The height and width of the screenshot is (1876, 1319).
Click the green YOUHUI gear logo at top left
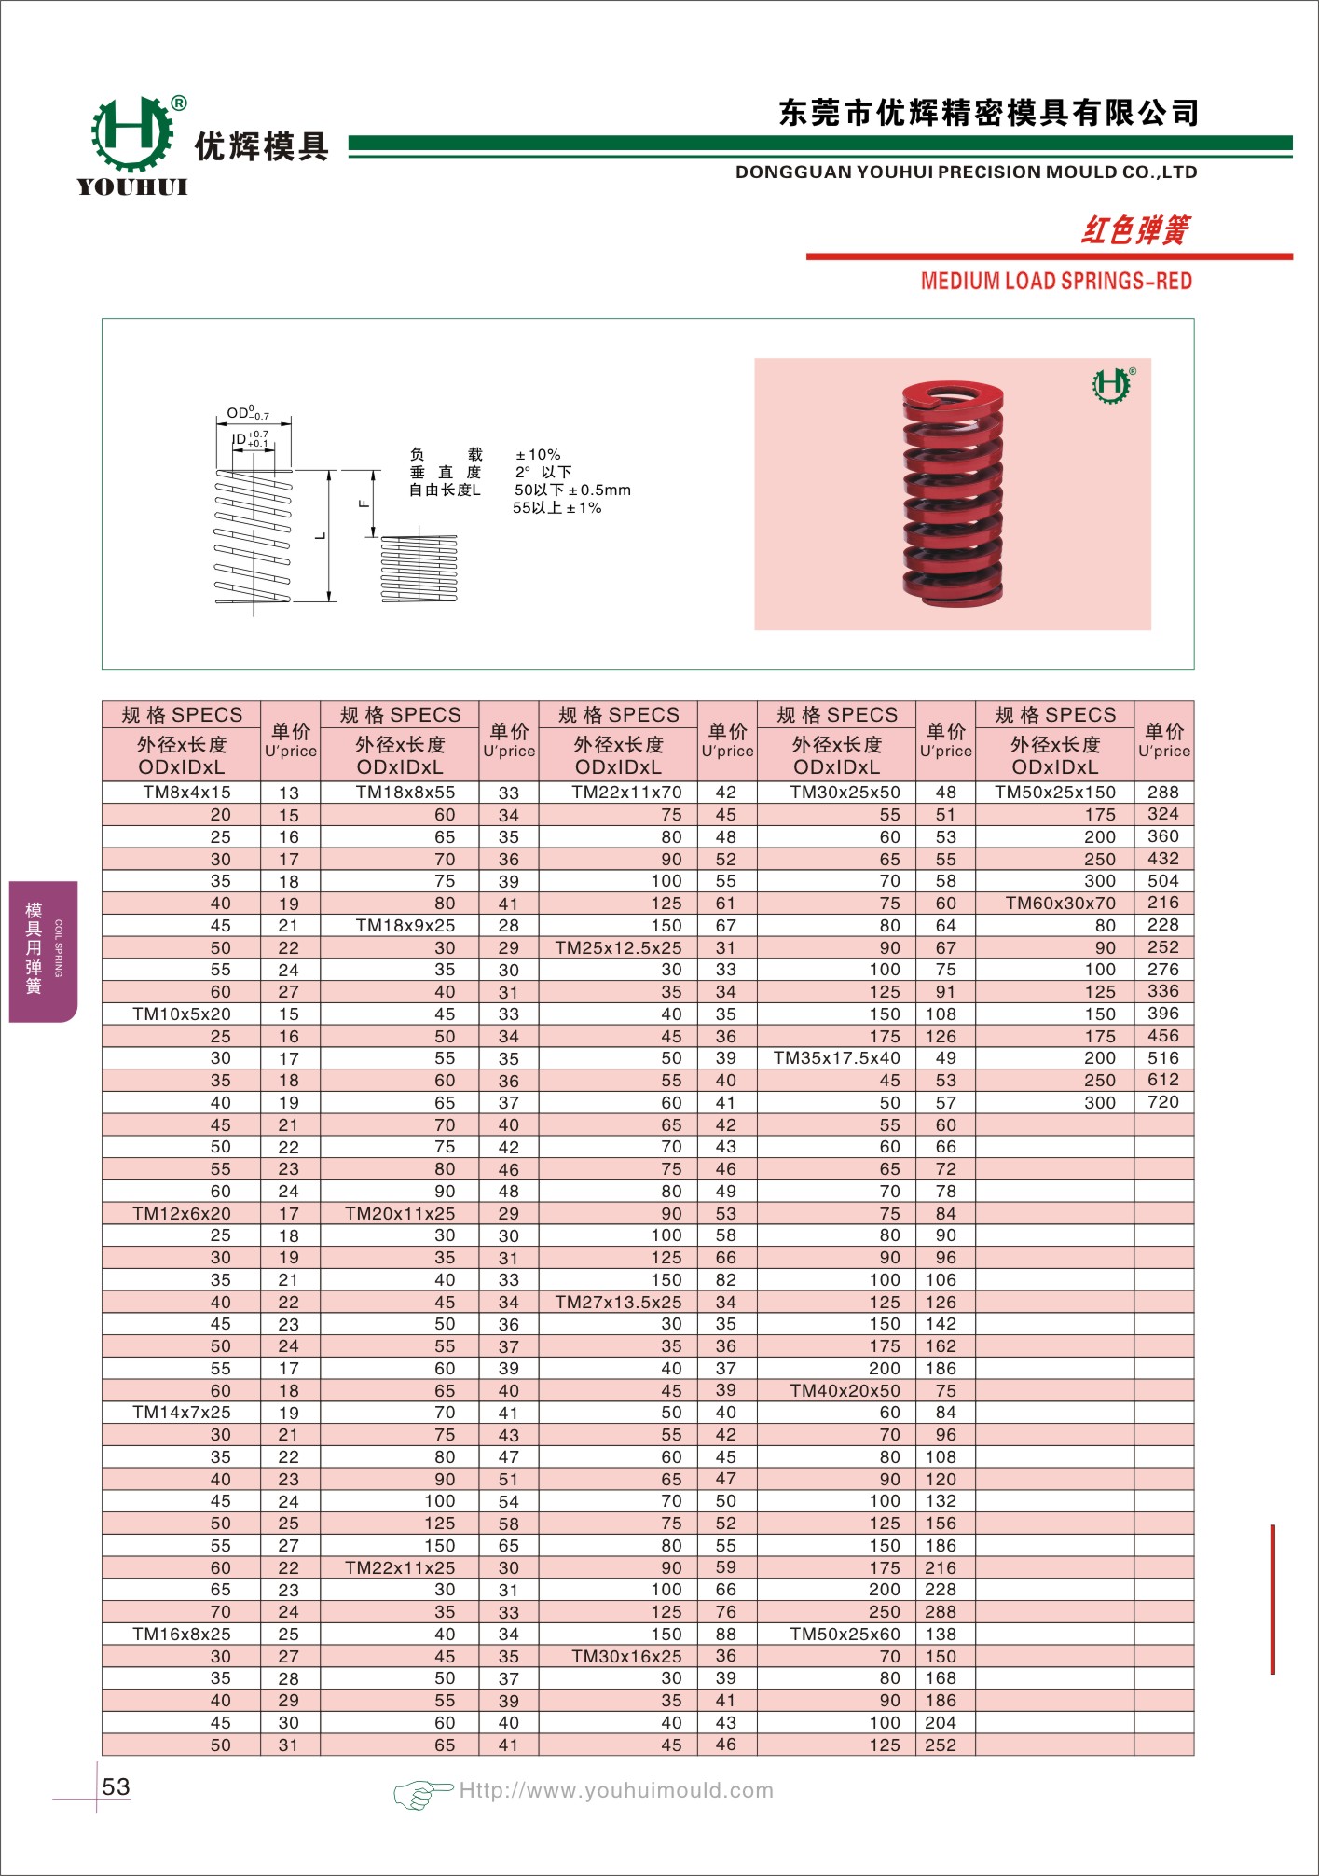(132, 134)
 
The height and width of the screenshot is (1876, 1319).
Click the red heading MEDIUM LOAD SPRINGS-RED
(1056, 281)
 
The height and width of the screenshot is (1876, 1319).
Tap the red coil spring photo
(953, 492)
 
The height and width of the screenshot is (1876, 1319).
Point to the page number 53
(116, 1786)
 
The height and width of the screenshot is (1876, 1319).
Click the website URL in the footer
(616, 1790)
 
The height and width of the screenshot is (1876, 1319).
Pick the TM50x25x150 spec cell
(1055, 793)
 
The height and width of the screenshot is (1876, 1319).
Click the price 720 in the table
(1163, 1102)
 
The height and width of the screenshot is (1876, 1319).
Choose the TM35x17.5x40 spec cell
(837, 1058)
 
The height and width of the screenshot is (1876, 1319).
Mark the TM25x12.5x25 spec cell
(618, 947)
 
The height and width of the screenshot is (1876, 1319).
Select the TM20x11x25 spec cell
(400, 1214)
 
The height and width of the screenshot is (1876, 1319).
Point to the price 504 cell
(1163, 881)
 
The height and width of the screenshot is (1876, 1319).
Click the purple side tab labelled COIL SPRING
(43, 950)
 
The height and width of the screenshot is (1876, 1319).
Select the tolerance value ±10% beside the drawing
(538, 455)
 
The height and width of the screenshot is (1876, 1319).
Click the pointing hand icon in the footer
(420, 1792)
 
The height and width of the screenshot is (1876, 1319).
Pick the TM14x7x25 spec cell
(182, 1413)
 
